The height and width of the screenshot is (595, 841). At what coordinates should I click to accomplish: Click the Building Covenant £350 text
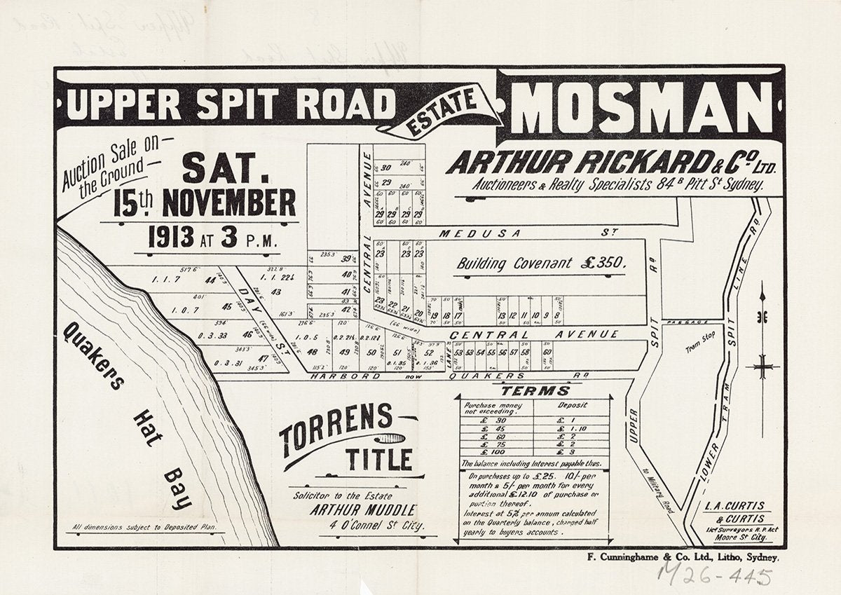(540, 264)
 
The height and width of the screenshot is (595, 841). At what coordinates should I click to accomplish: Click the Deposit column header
(572, 404)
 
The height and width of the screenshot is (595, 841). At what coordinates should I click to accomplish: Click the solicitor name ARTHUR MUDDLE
(363, 509)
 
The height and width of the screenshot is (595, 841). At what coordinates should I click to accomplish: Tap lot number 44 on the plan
(210, 280)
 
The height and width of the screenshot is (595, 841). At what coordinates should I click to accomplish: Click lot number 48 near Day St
(313, 352)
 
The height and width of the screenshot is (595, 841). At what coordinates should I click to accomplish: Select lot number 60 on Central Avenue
(547, 352)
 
